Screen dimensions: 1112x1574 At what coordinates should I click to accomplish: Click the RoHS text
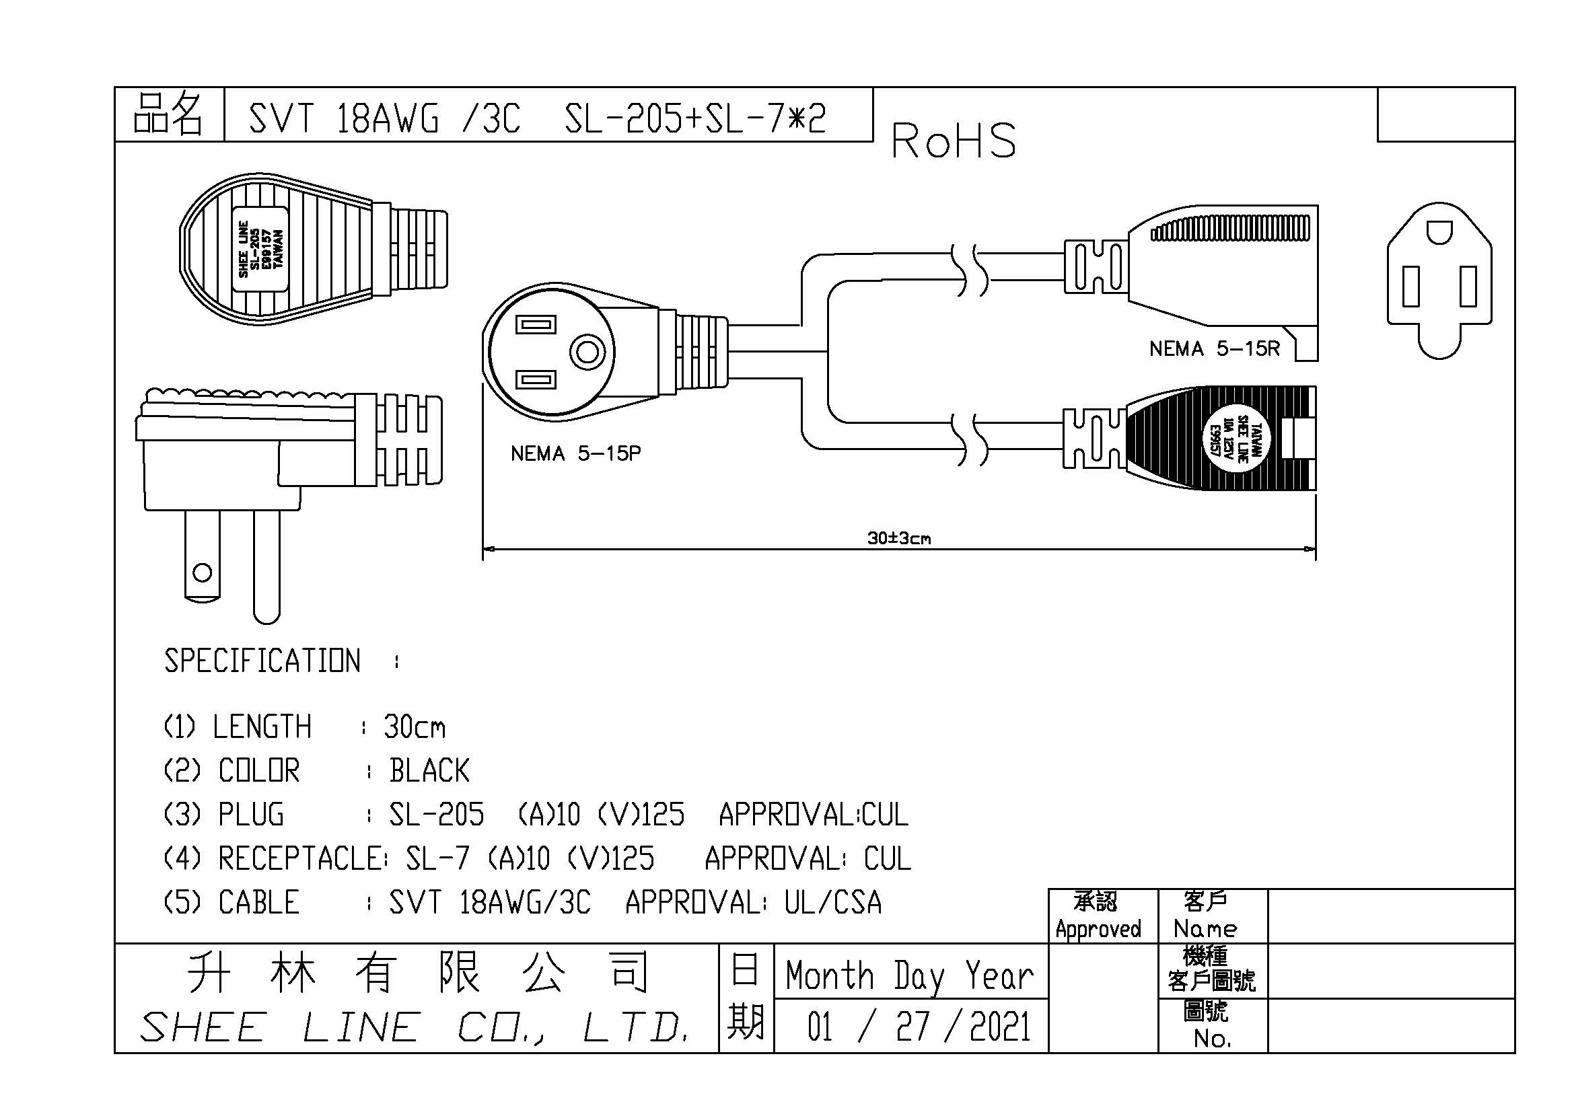tap(953, 141)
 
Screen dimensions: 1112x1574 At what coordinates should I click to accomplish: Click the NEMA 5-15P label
tap(575, 453)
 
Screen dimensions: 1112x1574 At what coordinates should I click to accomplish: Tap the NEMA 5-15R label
tap(1214, 348)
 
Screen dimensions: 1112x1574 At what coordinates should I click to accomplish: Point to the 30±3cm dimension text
tap(899, 539)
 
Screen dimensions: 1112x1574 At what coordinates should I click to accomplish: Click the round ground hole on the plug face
tap(587, 353)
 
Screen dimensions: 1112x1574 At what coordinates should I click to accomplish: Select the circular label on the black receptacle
tap(1239, 439)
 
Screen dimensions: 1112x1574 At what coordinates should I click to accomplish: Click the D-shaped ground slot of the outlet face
tap(1439, 231)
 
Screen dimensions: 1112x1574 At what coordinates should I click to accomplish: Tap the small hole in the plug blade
tap(203, 572)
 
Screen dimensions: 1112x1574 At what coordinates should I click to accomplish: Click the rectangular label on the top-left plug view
tap(260, 249)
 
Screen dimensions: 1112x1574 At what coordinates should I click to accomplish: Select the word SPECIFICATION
tap(262, 661)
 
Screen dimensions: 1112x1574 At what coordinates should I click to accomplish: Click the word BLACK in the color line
tap(429, 771)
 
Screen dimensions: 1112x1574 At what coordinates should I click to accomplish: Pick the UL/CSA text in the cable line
tap(833, 902)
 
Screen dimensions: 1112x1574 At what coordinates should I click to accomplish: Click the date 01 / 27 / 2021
tap(919, 1027)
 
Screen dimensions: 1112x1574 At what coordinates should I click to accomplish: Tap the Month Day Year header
tap(909, 975)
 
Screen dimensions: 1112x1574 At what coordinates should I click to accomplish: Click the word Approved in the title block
tap(1098, 929)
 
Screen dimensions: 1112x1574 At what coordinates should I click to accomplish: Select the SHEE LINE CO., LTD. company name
tap(415, 1028)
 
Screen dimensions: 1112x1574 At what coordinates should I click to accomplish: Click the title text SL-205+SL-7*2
tap(695, 118)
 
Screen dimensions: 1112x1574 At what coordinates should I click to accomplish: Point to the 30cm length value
tap(414, 727)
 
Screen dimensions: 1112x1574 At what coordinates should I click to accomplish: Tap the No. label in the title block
tap(1211, 1039)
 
